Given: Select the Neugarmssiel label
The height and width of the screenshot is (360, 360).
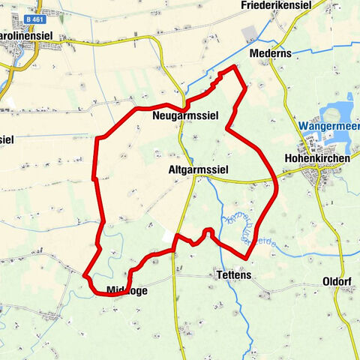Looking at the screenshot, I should point(179,118).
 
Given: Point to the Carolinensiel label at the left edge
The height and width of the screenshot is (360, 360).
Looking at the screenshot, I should point(19,36).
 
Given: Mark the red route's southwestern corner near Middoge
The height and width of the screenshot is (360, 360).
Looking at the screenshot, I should point(86,276).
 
